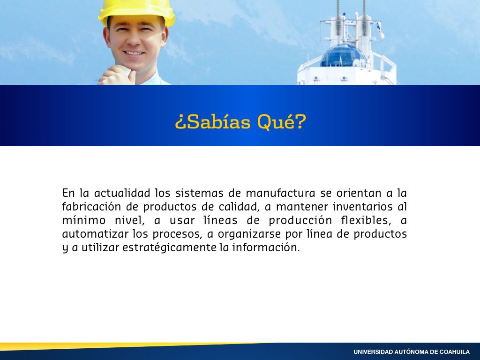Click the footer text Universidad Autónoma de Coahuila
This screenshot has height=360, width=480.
pos(412,352)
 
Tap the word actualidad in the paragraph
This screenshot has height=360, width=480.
pos(122,193)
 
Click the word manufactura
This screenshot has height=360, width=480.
pos(280,193)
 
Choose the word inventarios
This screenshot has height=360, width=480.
pos(362,207)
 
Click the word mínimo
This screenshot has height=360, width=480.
pos(84,220)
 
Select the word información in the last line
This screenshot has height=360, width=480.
pos(266,247)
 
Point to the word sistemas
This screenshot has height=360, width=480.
pos(199,193)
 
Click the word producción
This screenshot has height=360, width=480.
pos(300,220)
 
